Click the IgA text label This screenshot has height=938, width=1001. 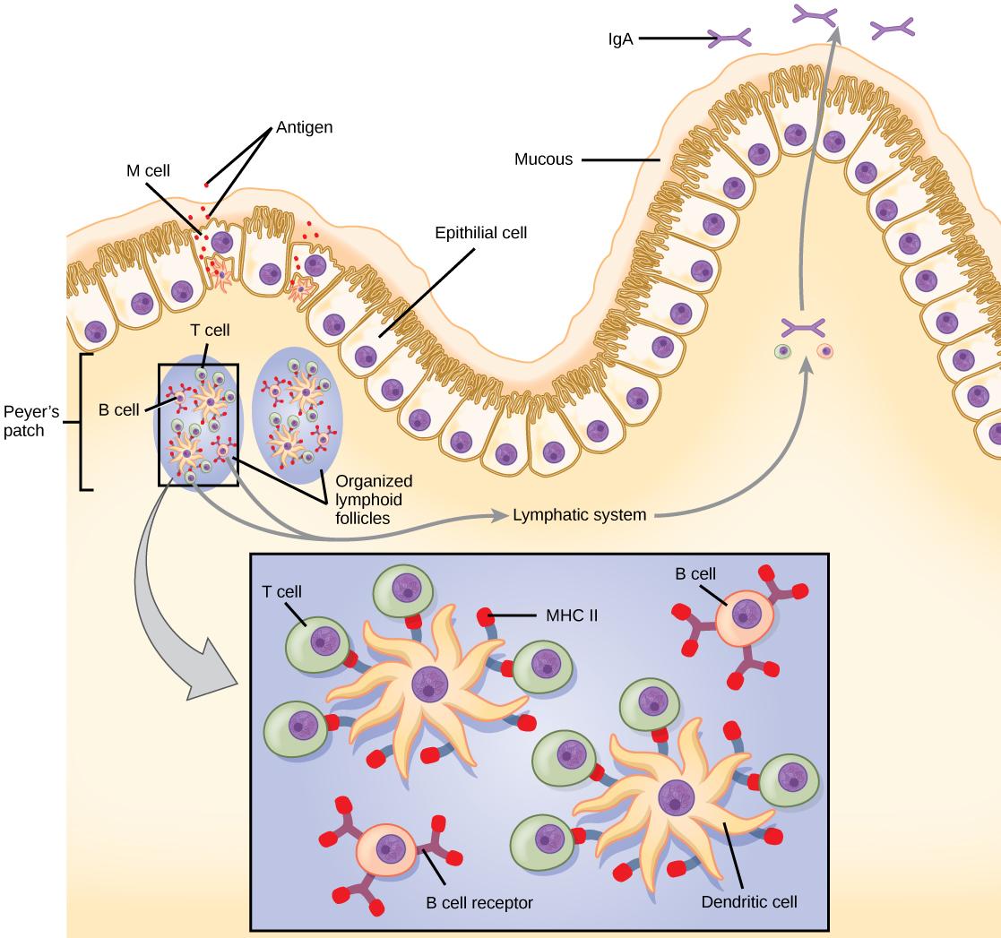(x=618, y=39)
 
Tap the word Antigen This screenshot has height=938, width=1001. (x=305, y=128)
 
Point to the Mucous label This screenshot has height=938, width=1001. (x=542, y=160)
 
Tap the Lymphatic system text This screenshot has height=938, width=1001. (x=579, y=515)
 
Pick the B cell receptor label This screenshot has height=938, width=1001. (x=479, y=902)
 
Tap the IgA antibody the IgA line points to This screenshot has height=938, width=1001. (x=729, y=38)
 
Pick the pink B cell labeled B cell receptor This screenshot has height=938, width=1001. (x=386, y=848)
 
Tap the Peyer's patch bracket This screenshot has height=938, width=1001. (x=84, y=421)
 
